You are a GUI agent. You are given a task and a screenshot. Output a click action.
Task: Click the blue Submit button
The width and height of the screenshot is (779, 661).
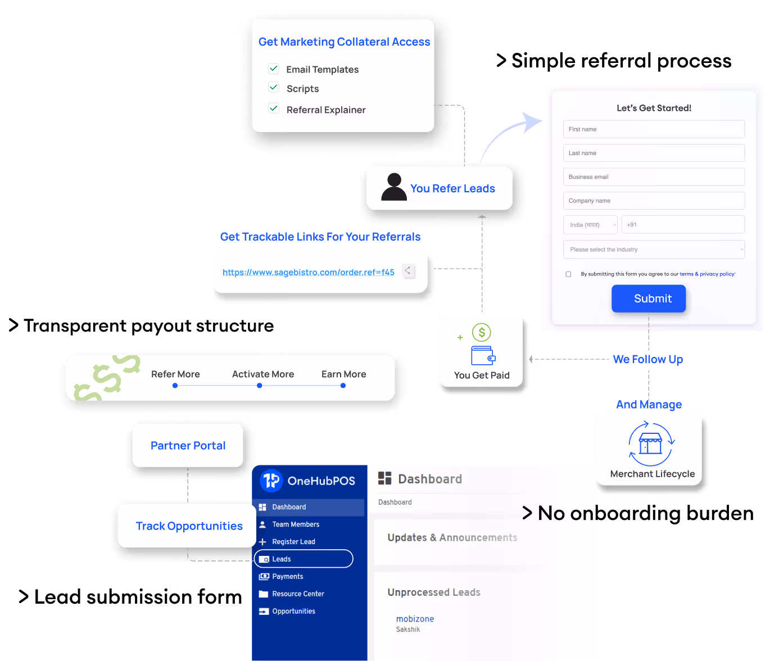(x=649, y=298)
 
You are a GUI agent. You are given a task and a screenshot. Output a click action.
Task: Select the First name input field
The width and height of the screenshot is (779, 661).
(x=654, y=129)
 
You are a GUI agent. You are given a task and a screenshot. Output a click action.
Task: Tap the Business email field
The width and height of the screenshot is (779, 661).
(x=654, y=177)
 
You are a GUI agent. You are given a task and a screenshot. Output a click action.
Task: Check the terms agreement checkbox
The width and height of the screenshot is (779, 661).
(x=568, y=274)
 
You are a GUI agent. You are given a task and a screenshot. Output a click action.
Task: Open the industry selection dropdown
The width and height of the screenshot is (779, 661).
(x=654, y=250)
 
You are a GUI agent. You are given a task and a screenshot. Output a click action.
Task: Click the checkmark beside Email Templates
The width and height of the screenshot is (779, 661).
(x=274, y=69)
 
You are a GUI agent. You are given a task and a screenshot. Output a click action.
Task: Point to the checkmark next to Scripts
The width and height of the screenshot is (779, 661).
(x=274, y=87)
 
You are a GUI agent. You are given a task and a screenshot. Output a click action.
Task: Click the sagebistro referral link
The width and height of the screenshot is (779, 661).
(x=308, y=273)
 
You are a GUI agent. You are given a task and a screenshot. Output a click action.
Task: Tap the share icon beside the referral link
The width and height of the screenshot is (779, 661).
(x=408, y=271)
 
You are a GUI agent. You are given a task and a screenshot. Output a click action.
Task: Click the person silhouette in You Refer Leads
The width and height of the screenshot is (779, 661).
(x=394, y=187)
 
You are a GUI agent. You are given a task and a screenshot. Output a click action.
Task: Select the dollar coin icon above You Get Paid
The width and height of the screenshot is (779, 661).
(x=482, y=332)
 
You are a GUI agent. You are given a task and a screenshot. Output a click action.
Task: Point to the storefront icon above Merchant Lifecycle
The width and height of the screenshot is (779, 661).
(x=651, y=444)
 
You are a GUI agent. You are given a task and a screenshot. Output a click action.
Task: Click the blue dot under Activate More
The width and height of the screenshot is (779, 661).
(x=259, y=386)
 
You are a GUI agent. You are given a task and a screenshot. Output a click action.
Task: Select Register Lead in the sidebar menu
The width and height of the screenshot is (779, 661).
(x=293, y=542)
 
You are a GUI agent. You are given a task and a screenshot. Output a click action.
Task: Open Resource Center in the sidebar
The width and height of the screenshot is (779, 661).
(x=298, y=594)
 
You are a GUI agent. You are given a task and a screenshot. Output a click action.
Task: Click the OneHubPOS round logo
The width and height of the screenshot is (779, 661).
(x=271, y=481)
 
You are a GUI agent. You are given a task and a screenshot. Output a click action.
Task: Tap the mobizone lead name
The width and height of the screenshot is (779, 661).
(x=415, y=619)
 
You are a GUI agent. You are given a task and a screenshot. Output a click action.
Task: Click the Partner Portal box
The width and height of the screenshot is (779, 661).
(x=188, y=446)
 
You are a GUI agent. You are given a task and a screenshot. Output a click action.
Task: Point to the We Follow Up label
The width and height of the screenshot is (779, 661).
(x=647, y=359)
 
